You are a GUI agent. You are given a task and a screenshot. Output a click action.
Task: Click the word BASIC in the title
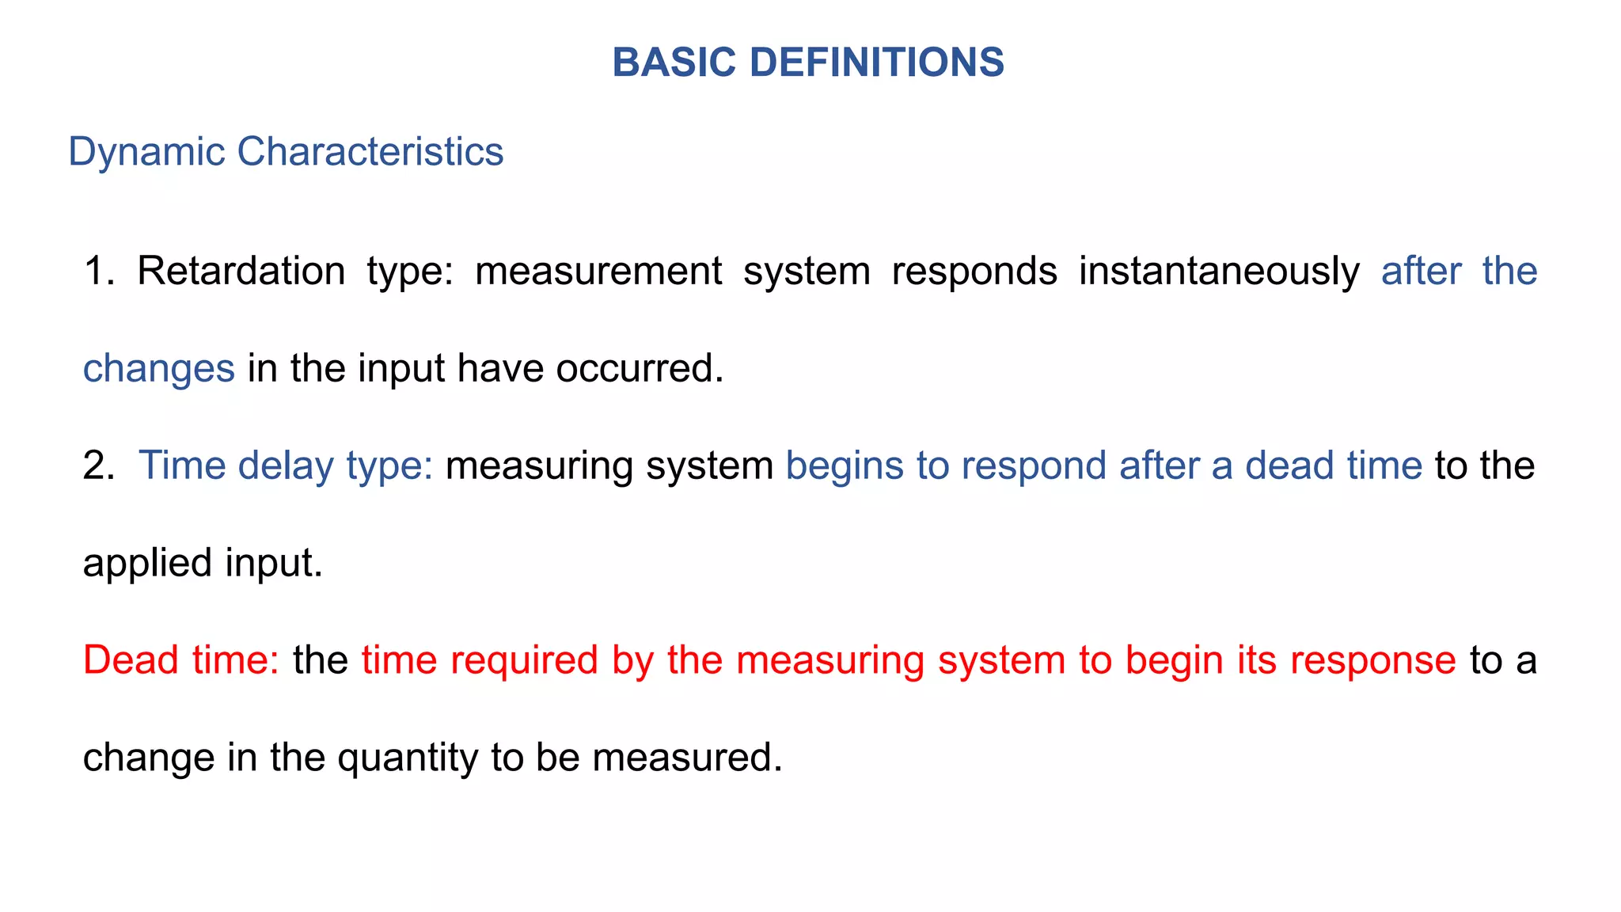click(674, 63)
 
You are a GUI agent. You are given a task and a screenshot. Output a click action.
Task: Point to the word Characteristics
click(370, 151)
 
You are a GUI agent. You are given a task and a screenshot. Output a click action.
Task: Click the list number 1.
click(98, 271)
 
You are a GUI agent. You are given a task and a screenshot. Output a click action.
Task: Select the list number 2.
click(98, 465)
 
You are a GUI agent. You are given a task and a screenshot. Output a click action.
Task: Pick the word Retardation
click(241, 271)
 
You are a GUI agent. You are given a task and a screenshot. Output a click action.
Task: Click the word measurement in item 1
click(598, 271)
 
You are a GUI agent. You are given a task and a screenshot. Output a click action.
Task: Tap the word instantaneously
click(1219, 271)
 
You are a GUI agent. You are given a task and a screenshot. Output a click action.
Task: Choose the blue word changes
click(158, 368)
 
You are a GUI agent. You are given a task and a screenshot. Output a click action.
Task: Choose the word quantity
click(407, 758)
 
